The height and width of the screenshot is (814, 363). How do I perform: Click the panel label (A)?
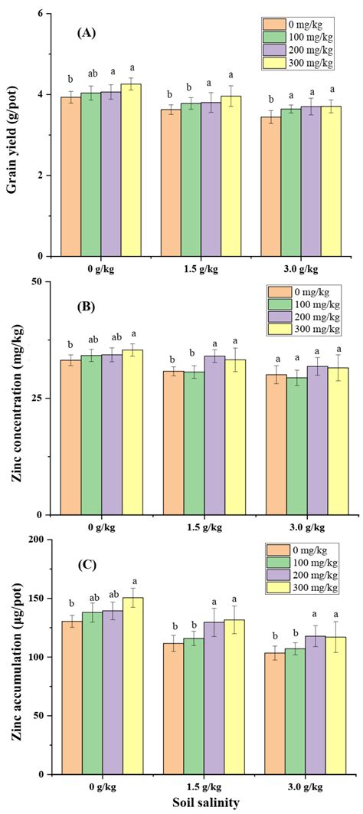tap(87, 34)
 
